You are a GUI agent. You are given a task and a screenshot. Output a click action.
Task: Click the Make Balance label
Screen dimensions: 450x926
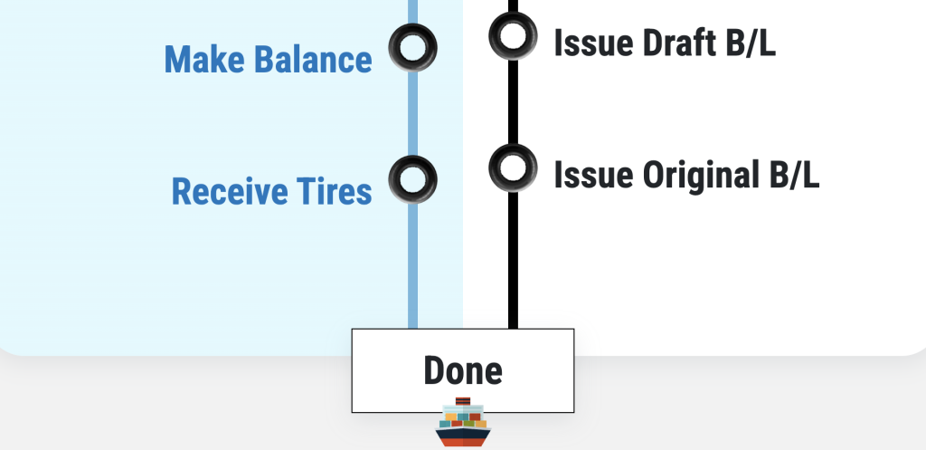point(268,60)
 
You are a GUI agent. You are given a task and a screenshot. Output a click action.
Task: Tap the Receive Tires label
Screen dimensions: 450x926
point(271,191)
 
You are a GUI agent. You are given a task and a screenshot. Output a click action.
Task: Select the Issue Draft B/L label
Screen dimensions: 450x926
point(665,43)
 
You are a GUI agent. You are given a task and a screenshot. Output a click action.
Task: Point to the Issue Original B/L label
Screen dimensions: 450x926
point(686,174)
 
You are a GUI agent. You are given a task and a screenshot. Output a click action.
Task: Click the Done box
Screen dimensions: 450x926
point(462,370)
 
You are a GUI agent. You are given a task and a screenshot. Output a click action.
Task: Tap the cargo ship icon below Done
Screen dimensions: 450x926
point(462,424)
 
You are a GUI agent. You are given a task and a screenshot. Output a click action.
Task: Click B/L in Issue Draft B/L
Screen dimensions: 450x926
point(749,43)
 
